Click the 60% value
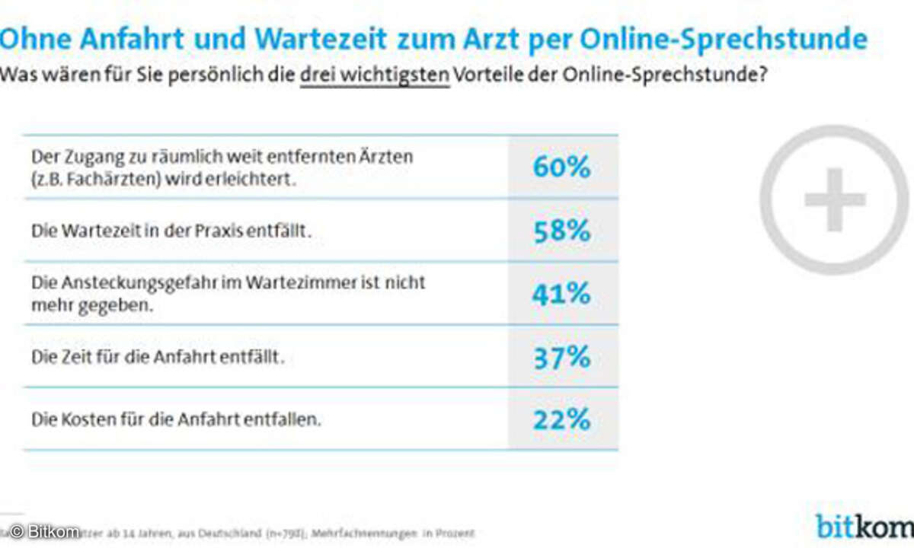(x=562, y=167)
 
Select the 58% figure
(x=562, y=231)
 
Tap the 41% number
(x=562, y=294)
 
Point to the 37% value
(x=562, y=356)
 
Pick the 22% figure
(x=562, y=419)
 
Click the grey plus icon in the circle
(x=835, y=199)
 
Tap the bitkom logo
(x=864, y=526)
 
